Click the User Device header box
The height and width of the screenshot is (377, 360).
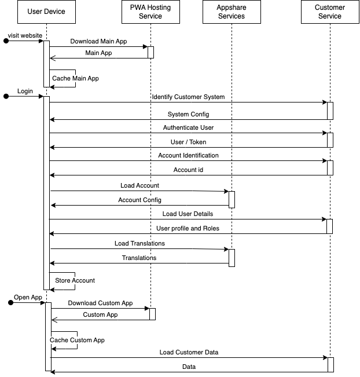pos(46,12)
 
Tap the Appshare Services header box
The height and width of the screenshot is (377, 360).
pos(231,12)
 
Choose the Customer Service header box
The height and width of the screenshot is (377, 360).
pos(329,12)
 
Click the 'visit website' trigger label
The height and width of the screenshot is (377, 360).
pos(25,35)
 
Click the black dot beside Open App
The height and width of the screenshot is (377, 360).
pos(10,303)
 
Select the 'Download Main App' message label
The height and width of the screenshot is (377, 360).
pos(98,42)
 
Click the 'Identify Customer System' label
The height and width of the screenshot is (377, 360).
pos(188,97)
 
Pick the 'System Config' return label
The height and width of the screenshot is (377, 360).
pos(188,114)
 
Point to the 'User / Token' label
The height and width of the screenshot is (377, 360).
pos(188,142)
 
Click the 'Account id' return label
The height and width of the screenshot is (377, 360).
pos(188,170)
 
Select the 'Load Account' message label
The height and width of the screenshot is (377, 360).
pos(139,185)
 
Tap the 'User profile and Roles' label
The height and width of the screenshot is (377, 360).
pos(188,228)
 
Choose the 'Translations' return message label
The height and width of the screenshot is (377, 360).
pos(139,258)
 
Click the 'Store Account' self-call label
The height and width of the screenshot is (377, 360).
pos(75,280)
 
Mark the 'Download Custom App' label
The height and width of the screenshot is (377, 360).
pos(100,303)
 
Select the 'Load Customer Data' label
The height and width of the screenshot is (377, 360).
pos(189,352)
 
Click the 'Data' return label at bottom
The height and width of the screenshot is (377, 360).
pos(189,367)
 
